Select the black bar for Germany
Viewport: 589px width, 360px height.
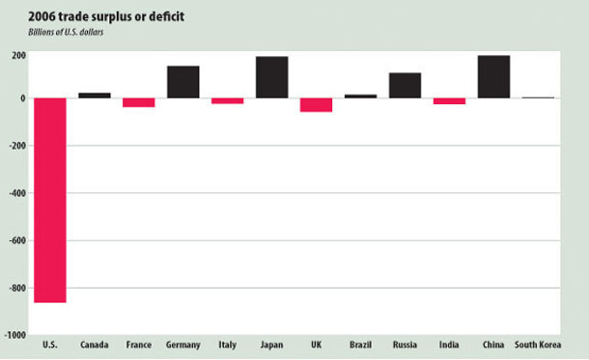(x=182, y=82)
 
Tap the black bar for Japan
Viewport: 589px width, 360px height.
(x=271, y=77)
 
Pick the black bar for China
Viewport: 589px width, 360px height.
(x=493, y=76)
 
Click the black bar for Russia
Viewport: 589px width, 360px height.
(x=405, y=86)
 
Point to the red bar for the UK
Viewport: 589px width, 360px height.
(x=316, y=105)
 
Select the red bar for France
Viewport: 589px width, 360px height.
(x=138, y=102)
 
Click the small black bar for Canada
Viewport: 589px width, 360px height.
(x=94, y=96)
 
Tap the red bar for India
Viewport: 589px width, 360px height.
(x=449, y=101)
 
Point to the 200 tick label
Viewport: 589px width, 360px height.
(x=18, y=55)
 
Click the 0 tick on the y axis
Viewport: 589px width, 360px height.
(x=22, y=98)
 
